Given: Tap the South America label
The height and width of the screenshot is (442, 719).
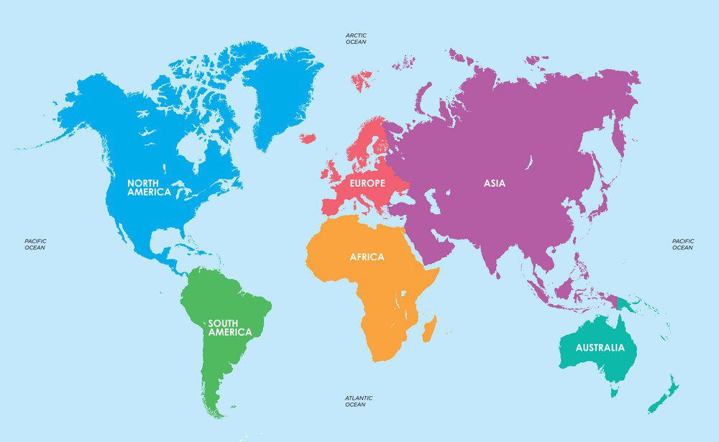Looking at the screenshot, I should pos(230,328).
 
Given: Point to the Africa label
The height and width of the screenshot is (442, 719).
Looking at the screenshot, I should pos(367,257).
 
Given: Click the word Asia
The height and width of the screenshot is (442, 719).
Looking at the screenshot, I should pos(494,183).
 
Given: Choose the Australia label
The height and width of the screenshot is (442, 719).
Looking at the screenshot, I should pos(600,348).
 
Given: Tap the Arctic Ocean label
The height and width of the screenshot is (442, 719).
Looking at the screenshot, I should pos(356,38).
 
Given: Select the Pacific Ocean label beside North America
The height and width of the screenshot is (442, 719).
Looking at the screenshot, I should pos(35,244).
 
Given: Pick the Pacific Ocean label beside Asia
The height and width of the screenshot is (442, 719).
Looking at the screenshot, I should pos(682,244).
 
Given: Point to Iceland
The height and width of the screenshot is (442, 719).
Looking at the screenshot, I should pos(308,138).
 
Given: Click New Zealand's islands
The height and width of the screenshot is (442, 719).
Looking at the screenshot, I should pos(665,395).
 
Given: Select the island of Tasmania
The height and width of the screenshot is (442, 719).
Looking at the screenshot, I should pos(614,392).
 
